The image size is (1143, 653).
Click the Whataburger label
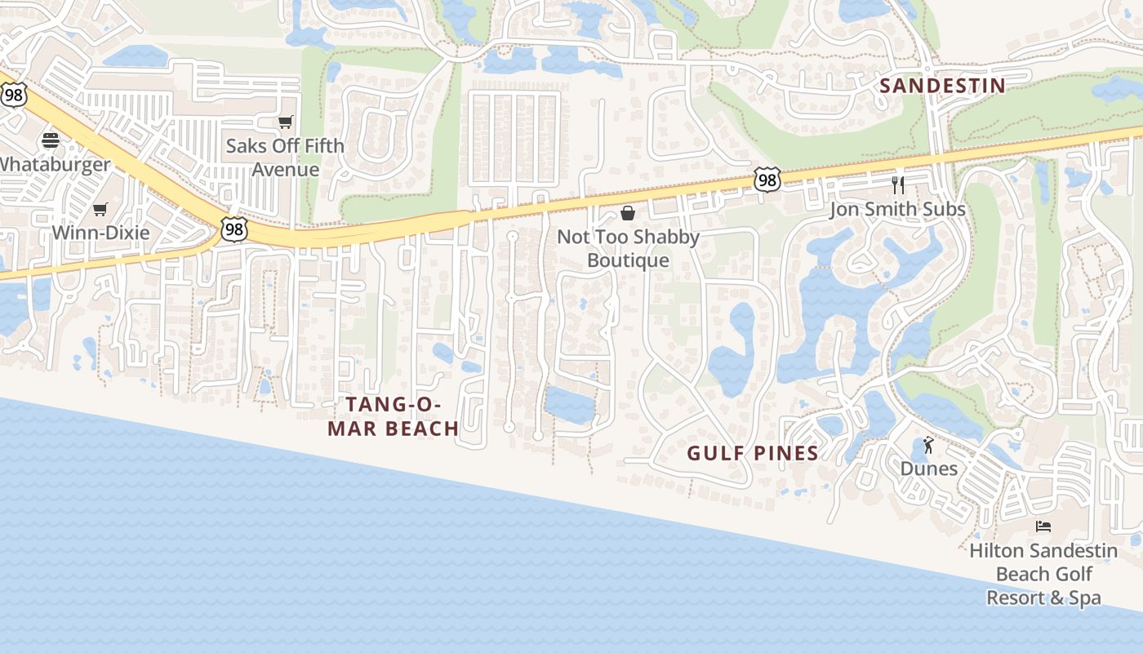pyautogui.click(x=52, y=164)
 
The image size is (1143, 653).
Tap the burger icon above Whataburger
pyautogui.click(x=51, y=140)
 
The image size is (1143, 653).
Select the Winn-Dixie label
pyautogui.click(x=100, y=233)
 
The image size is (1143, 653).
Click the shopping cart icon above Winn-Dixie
pyautogui.click(x=100, y=209)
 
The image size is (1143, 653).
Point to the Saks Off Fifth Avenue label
pyautogui.click(x=285, y=158)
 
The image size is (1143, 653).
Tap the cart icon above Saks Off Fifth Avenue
pyautogui.click(x=285, y=122)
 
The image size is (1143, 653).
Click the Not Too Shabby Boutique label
pyautogui.click(x=628, y=248)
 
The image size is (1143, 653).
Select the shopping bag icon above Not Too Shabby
pyautogui.click(x=628, y=213)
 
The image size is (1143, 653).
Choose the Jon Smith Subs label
pyautogui.click(x=897, y=209)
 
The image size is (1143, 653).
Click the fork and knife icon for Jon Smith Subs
pyautogui.click(x=898, y=184)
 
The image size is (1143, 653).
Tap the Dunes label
pyautogui.click(x=928, y=469)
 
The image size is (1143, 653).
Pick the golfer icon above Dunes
pyautogui.click(x=928, y=445)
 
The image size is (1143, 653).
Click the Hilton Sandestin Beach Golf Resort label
pyautogui.click(x=1043, y=574)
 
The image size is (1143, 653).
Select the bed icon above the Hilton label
pyautogui.click(x=1043, y=526)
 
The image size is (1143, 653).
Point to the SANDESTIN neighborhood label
pyautogui.click(x=942, y=86)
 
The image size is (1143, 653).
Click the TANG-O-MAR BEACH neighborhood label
pyautogui.click(x=393, y=416)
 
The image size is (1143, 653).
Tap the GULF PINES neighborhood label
pyautogui.click(x=753, y=454)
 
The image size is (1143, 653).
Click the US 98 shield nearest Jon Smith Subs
pyautogui.click(x=767, y=180)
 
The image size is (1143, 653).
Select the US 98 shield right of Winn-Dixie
pyautogui.click(x=234, y=229)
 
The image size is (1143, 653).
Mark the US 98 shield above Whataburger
pyautogui.click(x=14, y=95)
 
